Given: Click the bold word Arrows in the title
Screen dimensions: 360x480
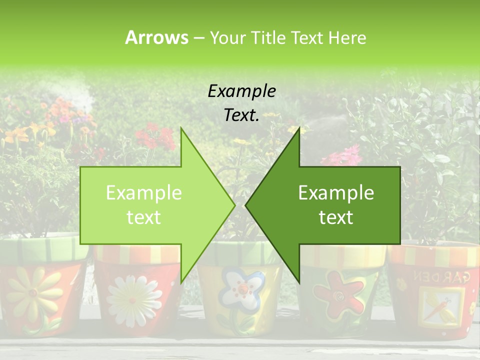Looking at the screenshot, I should pos(156,37).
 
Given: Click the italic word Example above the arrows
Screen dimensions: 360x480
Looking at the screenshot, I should pos(242,91).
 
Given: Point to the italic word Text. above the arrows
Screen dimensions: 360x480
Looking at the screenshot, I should pos(242,115).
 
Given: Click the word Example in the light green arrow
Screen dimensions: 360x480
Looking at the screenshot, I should pos(144,193).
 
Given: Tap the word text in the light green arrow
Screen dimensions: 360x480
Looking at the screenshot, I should pos(144,217).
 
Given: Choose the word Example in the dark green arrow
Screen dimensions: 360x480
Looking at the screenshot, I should pos(336,193).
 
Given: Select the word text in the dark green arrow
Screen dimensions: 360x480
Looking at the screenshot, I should pos(336,217).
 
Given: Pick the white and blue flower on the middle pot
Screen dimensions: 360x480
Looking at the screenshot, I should pos(242,290).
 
